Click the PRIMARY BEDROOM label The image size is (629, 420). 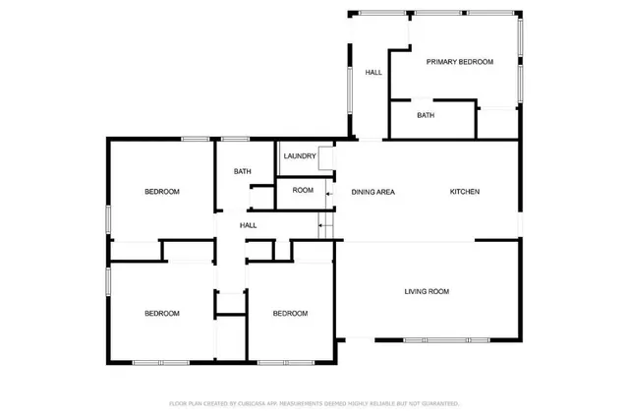click(x=459, y=62)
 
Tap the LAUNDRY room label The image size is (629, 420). click(x=299, y=156)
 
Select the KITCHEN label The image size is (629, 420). click(x=465, y=192)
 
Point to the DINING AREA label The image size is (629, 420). click(x=373, y=192)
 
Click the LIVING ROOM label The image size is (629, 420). click(x=427, y=291)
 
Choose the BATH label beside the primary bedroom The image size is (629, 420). click(x=426, y=115)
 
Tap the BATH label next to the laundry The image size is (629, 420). click(x=242, y=172)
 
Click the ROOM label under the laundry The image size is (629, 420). click(x=303, y=191)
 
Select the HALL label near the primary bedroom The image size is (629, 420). click(x=373, y=73)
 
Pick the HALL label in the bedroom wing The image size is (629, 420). click(x=249, y=225)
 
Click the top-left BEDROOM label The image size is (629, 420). click(x=162, y=192)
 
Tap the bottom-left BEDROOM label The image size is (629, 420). click(x=162, y=314)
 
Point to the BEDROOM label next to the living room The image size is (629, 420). click(x=290, y=314)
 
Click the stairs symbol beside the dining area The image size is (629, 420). click(x=327, y=228)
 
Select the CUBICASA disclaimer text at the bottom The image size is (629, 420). click(x=314, y=403)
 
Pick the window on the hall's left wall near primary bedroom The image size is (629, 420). click(x=351, y=98)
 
